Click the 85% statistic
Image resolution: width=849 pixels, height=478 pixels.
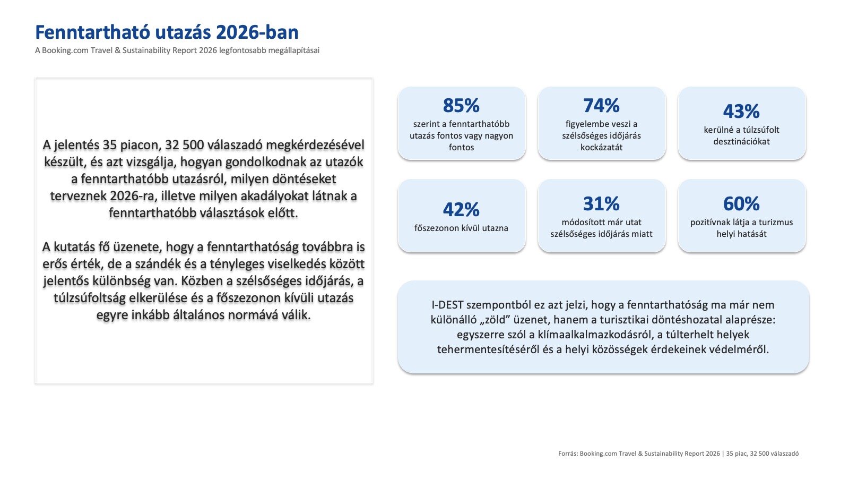point(461,106)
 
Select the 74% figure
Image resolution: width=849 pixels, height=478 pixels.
point(601,106)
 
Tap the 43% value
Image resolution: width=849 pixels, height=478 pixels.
point(741,111)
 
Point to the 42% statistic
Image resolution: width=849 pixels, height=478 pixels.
point(461,209)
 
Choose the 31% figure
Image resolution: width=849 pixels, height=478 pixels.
point(601,204)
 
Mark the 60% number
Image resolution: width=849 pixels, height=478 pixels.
point(741,204)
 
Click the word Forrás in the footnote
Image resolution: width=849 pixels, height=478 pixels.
point(568,454)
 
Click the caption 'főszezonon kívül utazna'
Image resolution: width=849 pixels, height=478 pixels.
point(461,228)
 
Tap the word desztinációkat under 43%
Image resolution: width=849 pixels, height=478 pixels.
point(741,141)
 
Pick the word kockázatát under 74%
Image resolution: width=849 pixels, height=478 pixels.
point(602,147)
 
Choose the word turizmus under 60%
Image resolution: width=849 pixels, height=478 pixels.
point(775,223)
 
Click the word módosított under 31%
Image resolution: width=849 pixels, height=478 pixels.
point(581,223)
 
